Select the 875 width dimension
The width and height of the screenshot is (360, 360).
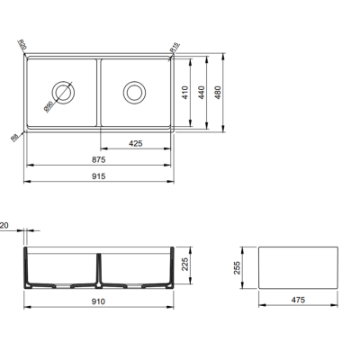click(x=98, y=160)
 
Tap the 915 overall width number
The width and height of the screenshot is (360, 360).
click(x=98, y=176)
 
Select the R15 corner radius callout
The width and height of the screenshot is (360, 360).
click(x=175, y=45)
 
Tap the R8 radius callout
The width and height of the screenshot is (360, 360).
click(x=14, y=138)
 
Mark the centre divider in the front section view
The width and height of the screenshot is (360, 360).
click(x=99, y=268)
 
